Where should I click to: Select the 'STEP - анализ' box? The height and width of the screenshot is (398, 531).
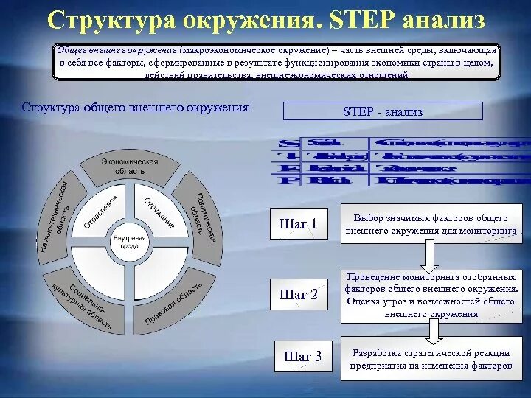coord(383,111)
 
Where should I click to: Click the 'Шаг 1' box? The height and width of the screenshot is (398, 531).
coord(299,223)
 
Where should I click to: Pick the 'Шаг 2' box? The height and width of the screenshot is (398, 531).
coord(299,294)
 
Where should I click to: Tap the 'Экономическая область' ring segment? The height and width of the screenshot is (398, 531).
coord(130,166)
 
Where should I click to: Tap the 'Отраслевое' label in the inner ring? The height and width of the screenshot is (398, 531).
coord(101,211)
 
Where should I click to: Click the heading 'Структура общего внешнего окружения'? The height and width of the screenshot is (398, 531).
coord(135,108)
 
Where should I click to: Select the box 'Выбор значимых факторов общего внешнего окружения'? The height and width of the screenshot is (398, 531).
coord(431,224)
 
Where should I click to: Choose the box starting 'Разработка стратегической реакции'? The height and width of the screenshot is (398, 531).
coord(431,358)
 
